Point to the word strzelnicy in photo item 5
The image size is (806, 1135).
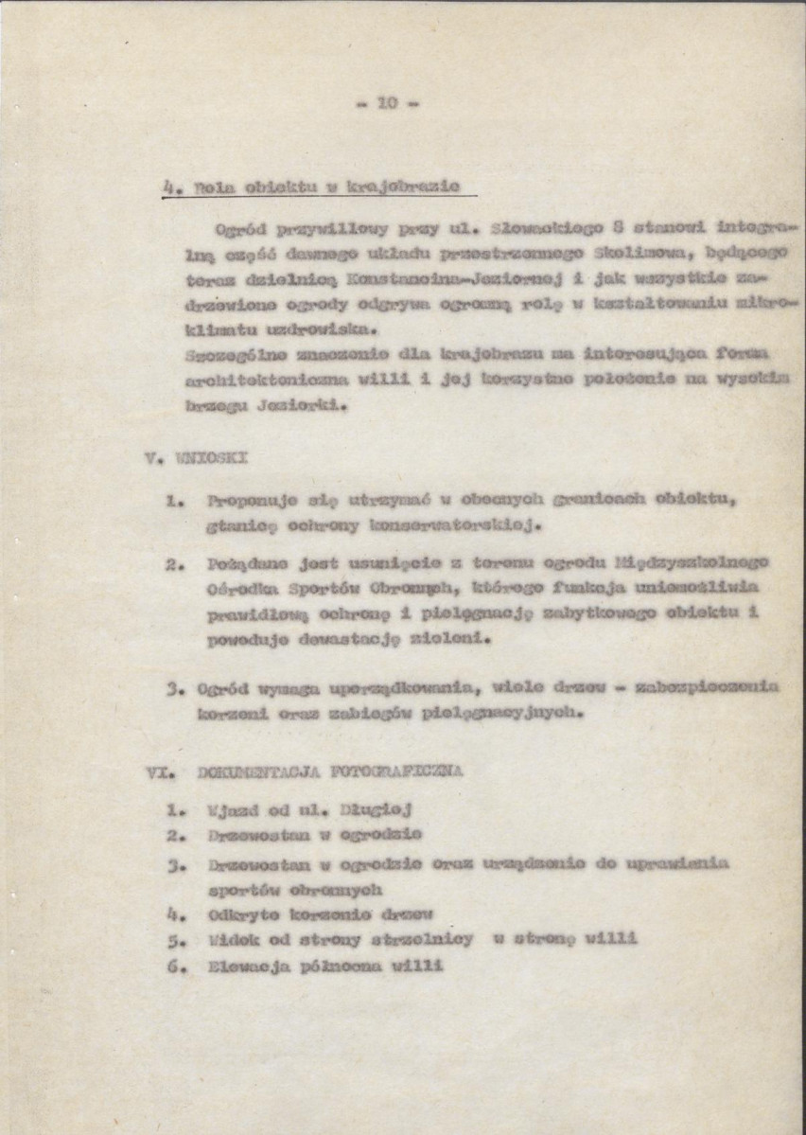(x=418, y=940)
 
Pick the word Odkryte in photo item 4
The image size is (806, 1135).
(x=240, y=915)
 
